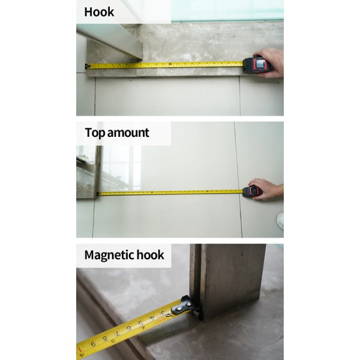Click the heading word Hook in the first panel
pos(99,12)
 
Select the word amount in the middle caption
pos(128,133)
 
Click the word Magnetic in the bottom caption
pos(109,256)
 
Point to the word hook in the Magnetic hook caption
pos(150,255)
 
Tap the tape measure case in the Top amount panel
pos(252,192)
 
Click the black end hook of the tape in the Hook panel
pos(87,67)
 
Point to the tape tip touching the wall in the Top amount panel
pos(98,194)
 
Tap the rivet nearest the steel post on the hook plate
pos(188,304)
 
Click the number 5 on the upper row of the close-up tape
pos(140,323)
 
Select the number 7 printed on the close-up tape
pos(118,333)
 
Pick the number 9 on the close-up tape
pos(93,344)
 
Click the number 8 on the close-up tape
pos(106,338)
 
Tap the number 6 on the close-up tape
pos(129,328)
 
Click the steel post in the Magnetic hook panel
pos(227,280)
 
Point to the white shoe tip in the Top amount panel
pos(280,221)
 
